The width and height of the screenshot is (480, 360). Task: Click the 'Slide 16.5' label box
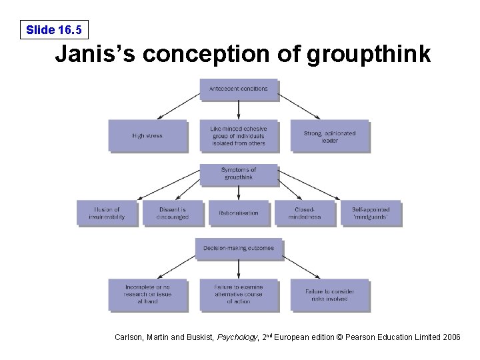tap(53, 29)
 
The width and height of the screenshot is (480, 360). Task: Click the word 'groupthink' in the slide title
tap(369, 55)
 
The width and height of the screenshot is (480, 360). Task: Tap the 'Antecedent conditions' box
tap(239, 89)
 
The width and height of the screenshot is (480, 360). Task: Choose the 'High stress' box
tap(147, 136)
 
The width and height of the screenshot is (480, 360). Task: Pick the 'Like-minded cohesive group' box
tap(239, 136)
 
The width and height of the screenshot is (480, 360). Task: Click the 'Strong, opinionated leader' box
tap(329, 136)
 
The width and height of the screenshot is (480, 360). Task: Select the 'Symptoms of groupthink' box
tap(239, 173)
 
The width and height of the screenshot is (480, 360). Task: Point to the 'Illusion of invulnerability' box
tap(107, 213)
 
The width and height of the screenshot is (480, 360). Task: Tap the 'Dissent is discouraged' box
tap(173, 213)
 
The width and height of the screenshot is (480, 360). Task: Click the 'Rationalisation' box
tap(239, 213)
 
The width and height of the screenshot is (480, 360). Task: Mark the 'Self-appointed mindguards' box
tap(371, 213)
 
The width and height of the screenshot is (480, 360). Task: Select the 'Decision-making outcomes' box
tap(239, 249)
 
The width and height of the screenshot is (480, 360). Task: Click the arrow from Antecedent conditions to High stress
tap(175, 106)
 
